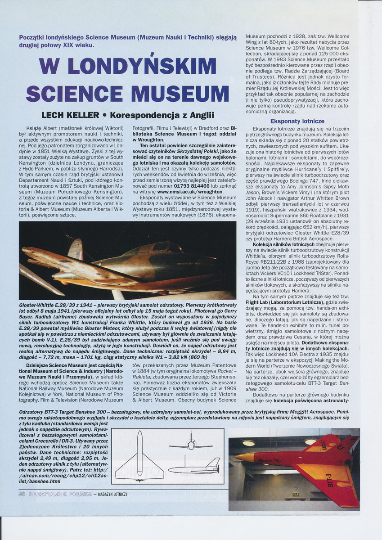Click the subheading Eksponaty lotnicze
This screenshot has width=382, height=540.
pyautogui.click(x=297, y=121)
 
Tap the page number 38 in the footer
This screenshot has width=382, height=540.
pyautogui.click(x=21, y=494)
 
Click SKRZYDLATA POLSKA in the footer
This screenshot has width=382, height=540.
pyautogui.click(x=60, y=494)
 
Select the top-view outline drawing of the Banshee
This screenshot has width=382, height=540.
pyautogui.click(x=139, y=456)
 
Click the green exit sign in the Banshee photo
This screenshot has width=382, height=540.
pyautogui.click(x=295, y=494)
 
